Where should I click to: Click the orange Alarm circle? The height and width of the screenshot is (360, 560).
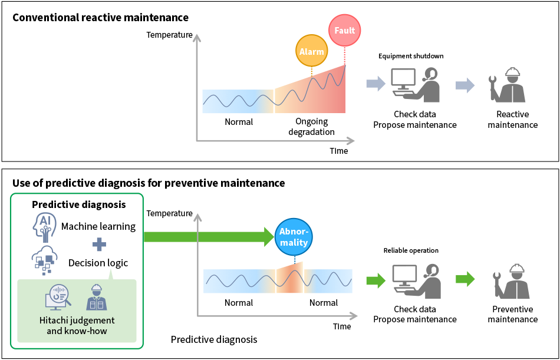coord(311,51)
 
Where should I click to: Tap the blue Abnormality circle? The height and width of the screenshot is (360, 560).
coord(294,236)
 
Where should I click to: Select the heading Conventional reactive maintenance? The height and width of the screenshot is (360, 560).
coord(101,17)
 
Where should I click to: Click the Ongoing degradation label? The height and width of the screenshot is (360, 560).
coord(311,127)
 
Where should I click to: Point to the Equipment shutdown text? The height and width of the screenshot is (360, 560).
coord(411,56)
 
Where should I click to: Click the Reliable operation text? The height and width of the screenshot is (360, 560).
coord(411,250)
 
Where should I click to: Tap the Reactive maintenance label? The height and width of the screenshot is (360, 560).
coord(512,120)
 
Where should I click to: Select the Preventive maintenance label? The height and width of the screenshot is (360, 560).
coord(512,314)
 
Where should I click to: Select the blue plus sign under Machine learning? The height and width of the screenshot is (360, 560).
coord(99,245)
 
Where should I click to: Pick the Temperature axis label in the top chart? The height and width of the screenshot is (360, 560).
coord(169,35)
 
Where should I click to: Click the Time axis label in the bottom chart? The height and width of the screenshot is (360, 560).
coord(342,326)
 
